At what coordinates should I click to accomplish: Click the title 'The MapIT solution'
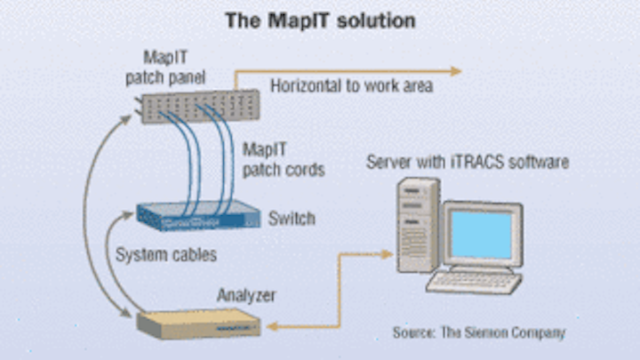coord(320,20)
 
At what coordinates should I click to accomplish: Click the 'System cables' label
coord(165,254)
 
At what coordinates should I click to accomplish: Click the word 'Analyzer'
coord(244,293)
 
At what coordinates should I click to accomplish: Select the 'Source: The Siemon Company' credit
coord(478,332)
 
